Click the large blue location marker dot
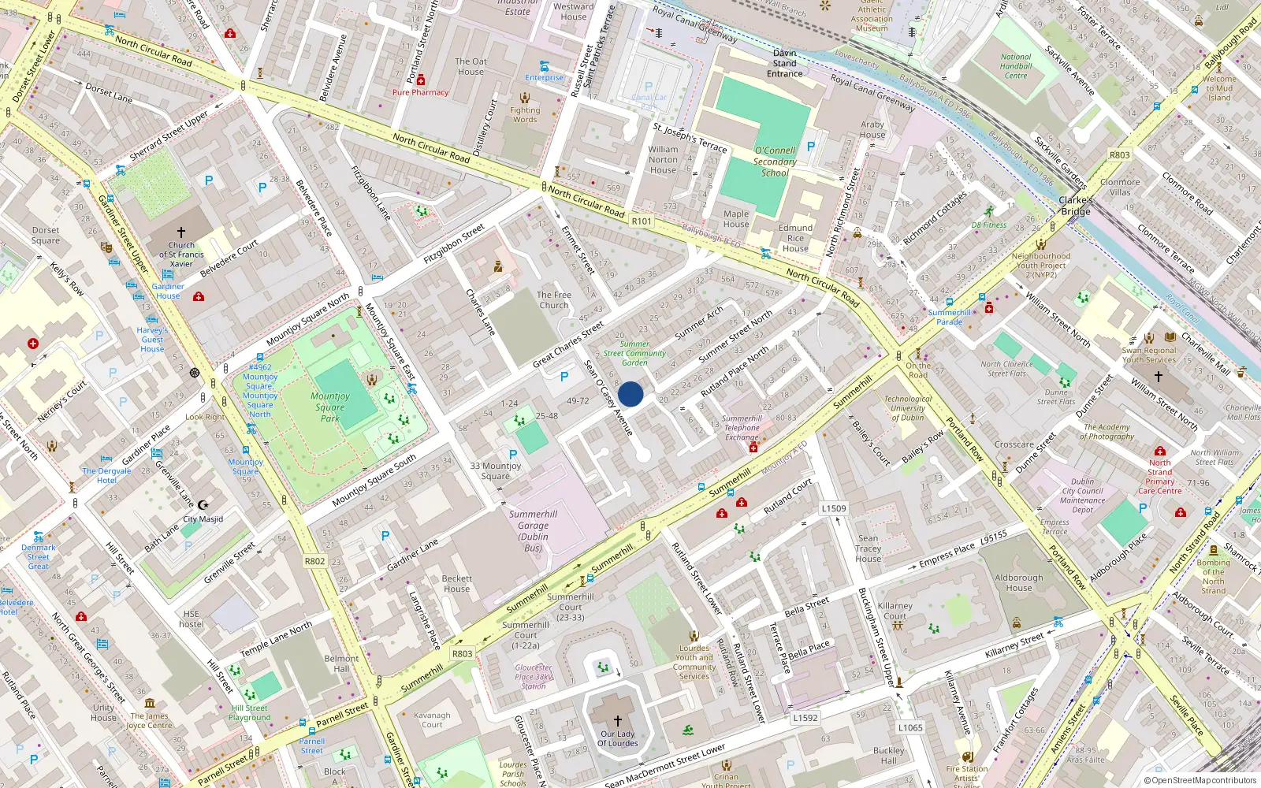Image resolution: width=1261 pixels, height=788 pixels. point(630,394)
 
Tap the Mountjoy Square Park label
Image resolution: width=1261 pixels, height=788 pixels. point(330,407)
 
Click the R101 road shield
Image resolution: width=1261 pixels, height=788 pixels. point(642,221)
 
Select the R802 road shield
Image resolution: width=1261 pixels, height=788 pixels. point(314,561)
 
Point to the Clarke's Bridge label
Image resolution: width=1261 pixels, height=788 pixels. point(1076,206)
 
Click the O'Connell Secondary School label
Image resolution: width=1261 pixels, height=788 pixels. point(775,162)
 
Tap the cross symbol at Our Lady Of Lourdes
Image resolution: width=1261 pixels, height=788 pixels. point(618,720)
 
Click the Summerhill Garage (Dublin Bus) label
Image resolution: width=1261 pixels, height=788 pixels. point(533,531)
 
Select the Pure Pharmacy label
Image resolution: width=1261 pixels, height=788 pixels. point(420,92)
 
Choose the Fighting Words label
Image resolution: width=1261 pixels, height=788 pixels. point(525,115)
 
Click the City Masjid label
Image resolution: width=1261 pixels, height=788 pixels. point(203,519)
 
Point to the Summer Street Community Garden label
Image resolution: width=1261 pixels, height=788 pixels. point(634,353)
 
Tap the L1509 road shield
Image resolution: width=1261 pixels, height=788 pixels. point(833,508)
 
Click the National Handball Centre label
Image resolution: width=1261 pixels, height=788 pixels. point(1016,66)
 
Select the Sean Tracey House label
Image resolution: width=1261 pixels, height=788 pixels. point(868,548)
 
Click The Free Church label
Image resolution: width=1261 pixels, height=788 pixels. point(553,300)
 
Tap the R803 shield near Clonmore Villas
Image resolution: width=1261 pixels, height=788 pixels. point(1119,155)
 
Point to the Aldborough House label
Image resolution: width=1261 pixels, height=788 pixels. point(1018,582)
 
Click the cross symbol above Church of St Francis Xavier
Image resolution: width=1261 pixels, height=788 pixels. point(181,232)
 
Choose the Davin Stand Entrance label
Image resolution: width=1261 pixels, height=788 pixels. point(784,63)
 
